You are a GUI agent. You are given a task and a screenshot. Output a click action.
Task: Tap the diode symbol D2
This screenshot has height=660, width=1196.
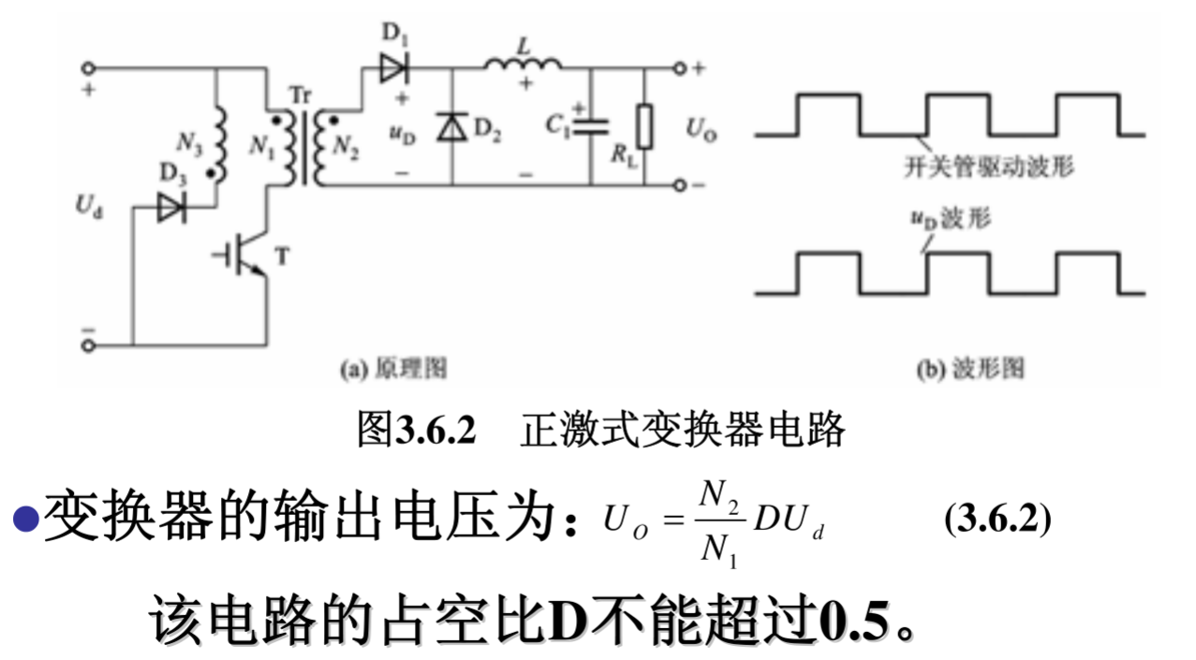(452, 125)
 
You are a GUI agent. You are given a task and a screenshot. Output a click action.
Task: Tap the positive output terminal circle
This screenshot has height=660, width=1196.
(679, 68)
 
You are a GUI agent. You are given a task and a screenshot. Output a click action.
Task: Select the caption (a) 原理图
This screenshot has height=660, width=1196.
(392, 369)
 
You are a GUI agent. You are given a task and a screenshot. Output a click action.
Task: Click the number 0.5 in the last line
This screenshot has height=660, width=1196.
(856, 618)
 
